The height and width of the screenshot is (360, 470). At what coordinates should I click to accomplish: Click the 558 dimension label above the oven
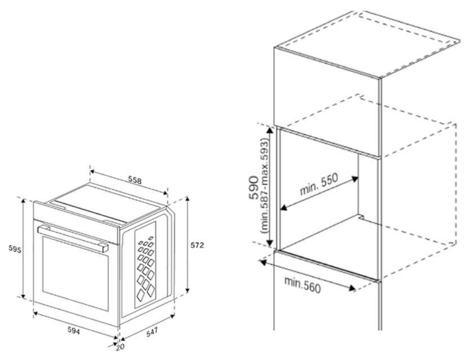point(135,180)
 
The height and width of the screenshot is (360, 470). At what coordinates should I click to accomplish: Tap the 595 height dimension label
point(15,249)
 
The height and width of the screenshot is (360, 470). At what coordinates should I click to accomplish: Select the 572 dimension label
point(197,245)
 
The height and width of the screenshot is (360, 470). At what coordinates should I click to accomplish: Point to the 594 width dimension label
point(73,331)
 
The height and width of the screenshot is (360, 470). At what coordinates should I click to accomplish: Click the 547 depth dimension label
point(152,332)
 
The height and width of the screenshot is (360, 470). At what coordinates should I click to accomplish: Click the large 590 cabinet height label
point(253,188)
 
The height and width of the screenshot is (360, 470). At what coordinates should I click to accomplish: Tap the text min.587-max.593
point(265,186)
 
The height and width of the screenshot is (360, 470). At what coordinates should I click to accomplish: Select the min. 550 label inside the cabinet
point(319,184)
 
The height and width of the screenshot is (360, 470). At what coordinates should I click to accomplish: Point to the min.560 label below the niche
point(302,285)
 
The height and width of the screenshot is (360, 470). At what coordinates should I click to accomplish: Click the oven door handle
point(73,239)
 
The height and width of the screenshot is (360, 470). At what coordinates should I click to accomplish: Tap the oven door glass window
point(76,273)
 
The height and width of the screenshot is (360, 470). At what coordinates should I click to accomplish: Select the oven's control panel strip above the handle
point(76,222)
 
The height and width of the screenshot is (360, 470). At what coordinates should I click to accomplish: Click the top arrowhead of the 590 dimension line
point(270,130)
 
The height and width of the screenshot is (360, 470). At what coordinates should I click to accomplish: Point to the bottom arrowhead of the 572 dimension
point(188,290)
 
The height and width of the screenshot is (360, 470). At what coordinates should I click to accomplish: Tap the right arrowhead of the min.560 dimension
point(352,288)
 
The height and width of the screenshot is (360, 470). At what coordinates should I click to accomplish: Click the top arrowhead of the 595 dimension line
point(23,200)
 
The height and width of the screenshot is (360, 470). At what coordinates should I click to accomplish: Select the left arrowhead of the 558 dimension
point(93,172)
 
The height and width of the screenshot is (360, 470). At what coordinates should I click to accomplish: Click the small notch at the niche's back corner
point(361,217)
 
